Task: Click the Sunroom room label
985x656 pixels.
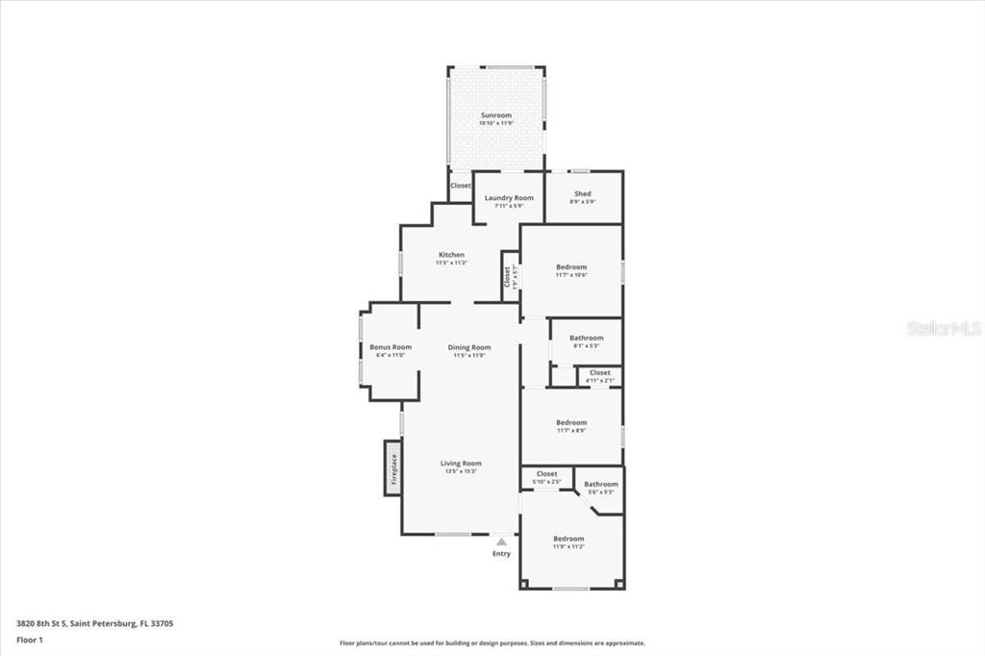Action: tap(496, 115)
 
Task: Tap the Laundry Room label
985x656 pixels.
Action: tap(509, 198)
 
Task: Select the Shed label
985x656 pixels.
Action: tap(583, 194)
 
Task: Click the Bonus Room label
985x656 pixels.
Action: tap(391, 347)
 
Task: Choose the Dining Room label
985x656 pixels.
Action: tap(469, 347)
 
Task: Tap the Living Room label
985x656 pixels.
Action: tap(461, 464)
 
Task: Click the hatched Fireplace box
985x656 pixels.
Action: tap(393, 467)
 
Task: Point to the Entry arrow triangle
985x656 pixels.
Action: tap(501, 542)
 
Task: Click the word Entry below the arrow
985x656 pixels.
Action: tap(501, 554)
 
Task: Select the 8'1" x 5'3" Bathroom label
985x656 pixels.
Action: tap(586, 339)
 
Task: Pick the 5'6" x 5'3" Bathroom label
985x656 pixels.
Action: tap(601, 485)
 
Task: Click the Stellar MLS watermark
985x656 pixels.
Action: tap(944, 328)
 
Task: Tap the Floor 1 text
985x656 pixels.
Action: tap(30, 639)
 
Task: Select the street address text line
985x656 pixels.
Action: tap(94, 623)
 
